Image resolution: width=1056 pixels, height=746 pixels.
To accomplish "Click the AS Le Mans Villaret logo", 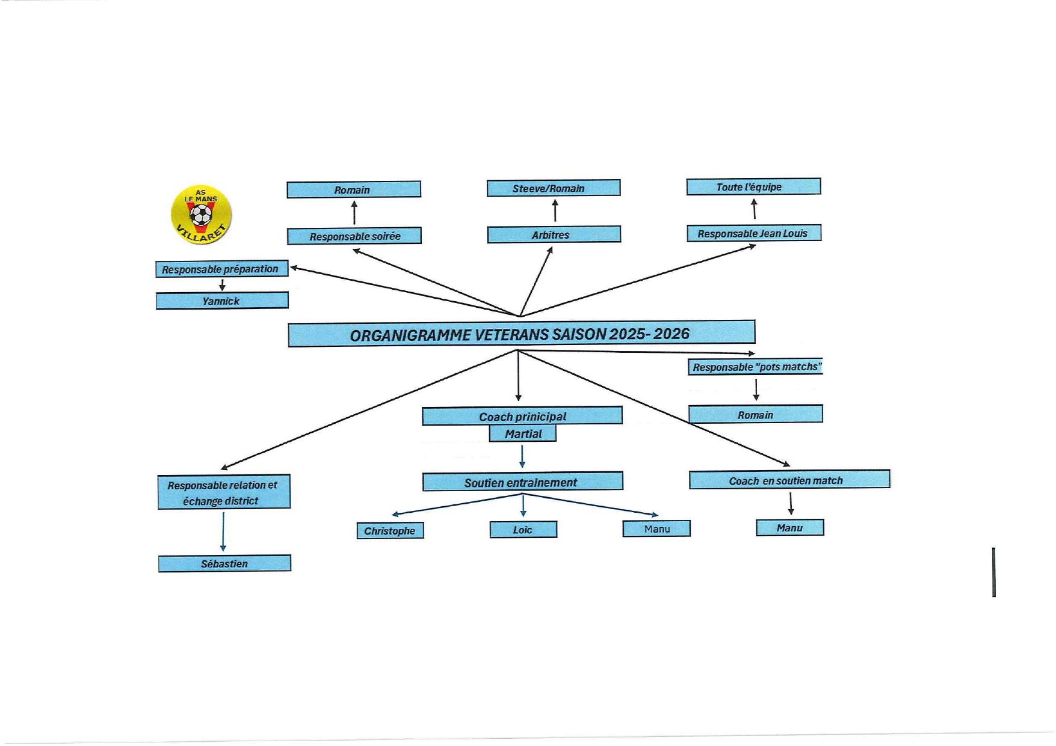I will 201,215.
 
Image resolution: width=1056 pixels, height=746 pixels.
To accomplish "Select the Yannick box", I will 222,301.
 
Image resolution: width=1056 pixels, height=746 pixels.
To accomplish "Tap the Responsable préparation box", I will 221,269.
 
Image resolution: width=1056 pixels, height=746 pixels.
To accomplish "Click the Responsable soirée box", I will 354,236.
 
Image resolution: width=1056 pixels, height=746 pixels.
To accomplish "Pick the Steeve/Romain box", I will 553,188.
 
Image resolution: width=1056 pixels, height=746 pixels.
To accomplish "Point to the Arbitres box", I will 553,234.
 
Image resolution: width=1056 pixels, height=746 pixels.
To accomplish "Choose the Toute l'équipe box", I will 753,187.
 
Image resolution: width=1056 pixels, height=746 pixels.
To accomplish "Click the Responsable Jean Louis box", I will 753,233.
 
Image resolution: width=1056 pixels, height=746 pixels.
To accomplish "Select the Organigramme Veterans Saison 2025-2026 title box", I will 521,334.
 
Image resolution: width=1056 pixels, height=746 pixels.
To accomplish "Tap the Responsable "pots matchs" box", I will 755,367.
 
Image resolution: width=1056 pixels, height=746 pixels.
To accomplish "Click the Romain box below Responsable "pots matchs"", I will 755,414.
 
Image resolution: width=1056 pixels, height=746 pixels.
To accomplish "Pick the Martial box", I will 522,433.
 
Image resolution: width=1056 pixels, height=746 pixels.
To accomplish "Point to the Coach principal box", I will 522,416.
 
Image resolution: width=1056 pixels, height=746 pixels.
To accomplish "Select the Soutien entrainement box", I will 522,482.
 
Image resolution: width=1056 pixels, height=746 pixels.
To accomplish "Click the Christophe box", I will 390,531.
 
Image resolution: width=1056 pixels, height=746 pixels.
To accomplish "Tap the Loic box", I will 523,530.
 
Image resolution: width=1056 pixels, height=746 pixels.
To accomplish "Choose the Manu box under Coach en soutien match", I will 789,528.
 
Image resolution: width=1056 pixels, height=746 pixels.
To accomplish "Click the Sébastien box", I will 224,563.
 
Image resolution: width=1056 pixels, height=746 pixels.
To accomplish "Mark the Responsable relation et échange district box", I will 224,492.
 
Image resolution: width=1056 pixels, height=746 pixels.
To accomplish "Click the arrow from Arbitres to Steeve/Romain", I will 555,211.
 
